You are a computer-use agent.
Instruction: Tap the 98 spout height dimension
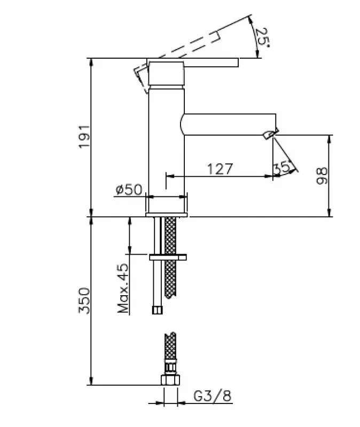322,176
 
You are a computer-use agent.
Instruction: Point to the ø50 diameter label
128,189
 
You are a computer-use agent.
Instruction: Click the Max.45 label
123,288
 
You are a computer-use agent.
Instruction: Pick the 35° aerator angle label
282,167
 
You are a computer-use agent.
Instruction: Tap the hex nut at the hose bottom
170,381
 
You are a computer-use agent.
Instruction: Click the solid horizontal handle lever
211,62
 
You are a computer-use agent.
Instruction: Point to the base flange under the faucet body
167,215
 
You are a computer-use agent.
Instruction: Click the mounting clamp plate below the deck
168,257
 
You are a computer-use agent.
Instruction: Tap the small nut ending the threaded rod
157,309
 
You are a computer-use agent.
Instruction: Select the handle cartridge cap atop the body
166,74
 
